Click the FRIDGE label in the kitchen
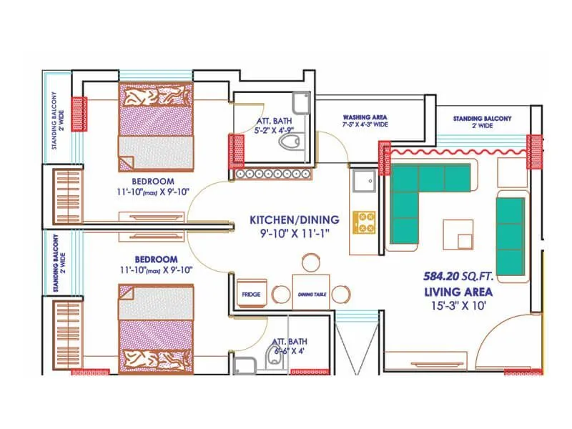tap(250, 294)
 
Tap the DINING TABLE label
tap(310, 295)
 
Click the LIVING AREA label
tap(458, 292)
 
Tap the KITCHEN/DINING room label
tap(294, 220)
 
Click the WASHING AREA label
tap(365, 117)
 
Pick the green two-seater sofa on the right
tap(511, 235)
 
